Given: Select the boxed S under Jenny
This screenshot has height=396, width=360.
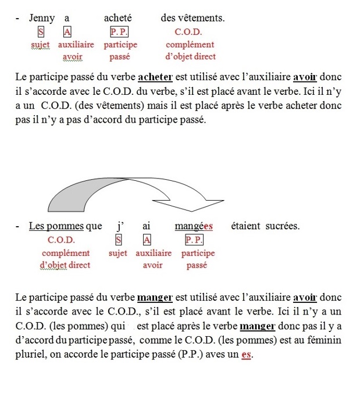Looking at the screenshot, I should (41, 31).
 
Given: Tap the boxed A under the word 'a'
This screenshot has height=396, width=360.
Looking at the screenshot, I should (68, 31).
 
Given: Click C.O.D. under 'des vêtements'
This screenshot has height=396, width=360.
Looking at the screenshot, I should (189, 31).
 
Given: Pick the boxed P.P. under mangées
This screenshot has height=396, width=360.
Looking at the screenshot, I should (194, 239).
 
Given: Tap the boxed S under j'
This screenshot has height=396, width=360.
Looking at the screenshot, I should (119, 239).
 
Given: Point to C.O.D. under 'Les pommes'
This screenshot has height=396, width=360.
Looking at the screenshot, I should (62, 239).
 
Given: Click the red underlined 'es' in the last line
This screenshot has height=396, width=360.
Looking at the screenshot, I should (247, 353).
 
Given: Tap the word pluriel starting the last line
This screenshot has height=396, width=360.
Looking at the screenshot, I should (30, 353).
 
